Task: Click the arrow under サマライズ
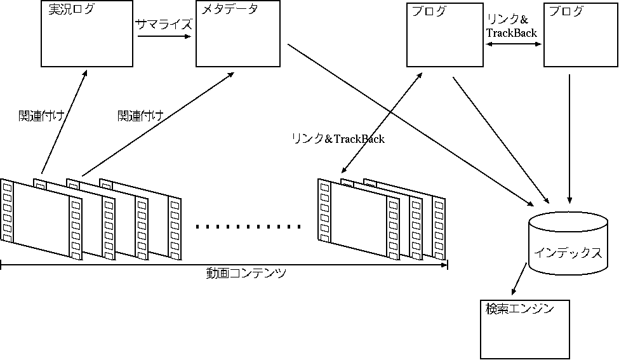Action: point(164,36)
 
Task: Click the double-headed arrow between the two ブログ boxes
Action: point(513,44)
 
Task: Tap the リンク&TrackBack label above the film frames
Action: point(338,139)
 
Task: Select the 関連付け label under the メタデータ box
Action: point(140,116)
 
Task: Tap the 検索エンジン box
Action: point(524,330)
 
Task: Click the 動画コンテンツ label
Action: point(246,274)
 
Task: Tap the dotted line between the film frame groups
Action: point(248,226)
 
